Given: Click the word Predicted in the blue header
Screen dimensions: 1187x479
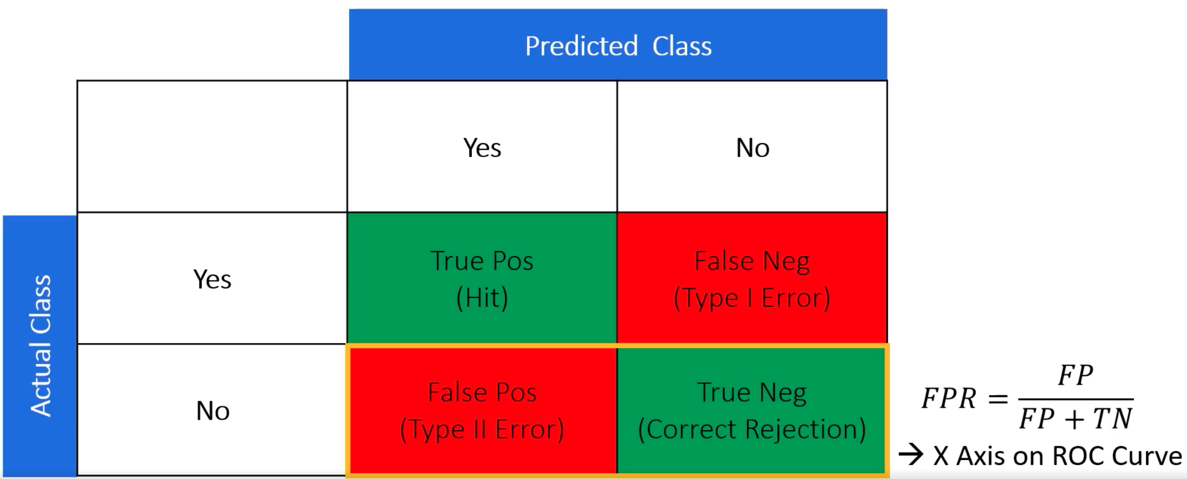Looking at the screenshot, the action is click(581, 46).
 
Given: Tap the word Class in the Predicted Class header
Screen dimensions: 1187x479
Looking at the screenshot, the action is click(682, 46).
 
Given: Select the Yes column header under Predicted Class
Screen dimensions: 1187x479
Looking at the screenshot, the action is click(482, 148).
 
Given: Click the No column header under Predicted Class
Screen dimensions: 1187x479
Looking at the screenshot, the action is click(753, 148).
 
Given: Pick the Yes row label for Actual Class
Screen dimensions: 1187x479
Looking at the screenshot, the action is click(212, 279).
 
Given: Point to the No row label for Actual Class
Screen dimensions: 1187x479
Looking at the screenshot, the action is click(213, 411).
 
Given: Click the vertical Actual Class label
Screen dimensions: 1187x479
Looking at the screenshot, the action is click(41, 346).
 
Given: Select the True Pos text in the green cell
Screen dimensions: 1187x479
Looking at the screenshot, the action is click(482, 261).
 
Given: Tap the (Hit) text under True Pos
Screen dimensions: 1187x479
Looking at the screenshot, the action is click(482, 298).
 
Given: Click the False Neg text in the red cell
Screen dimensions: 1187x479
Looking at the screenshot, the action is click(752, 261).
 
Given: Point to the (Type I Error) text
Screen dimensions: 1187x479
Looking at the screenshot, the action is click(752, 298).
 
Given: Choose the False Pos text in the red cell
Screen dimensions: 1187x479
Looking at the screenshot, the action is click(482, 392).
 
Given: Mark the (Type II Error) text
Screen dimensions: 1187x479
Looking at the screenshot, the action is click(482, 430).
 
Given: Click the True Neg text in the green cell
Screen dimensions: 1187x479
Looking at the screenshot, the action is click(752, 392).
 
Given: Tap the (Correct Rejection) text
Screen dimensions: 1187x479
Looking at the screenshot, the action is click(752, 430).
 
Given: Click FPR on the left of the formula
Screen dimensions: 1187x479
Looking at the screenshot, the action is click(949, 399).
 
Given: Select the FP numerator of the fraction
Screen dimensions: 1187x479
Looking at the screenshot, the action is click(1076, 375).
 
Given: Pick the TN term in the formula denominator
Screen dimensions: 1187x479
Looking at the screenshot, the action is click(1113, 418).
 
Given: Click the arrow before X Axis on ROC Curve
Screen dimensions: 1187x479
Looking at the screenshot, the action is click(911, 455).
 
